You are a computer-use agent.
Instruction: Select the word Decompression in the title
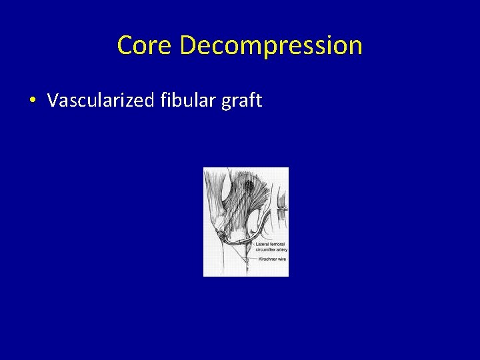coord(271,45)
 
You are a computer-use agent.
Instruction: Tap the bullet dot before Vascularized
coord(32,101)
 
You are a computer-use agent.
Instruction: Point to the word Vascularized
coord(101,101)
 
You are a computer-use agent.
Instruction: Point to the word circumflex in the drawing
coord(265,250)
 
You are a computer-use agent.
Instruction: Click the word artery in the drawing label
coord(281,250)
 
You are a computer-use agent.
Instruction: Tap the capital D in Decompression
coord(188,45)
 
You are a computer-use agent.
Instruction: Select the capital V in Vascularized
coord(52,101)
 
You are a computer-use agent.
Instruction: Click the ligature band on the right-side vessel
coord(283,209)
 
